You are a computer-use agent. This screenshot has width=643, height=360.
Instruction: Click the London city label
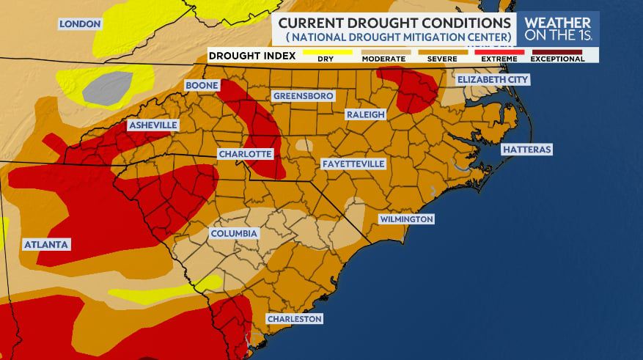click(79, 24)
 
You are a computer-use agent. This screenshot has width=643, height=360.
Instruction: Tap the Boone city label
click(201, 86)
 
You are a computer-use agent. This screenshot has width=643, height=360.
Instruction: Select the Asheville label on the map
click(153, 125)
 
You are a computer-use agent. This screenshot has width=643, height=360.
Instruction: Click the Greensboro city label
click(303, 96)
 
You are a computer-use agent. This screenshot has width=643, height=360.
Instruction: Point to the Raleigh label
click(365, 114)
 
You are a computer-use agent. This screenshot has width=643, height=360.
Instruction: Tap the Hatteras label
click(526, 150)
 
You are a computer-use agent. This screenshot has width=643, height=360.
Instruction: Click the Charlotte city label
click(246, 155)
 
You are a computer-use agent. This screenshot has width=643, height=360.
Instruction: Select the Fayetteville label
click(353, 164)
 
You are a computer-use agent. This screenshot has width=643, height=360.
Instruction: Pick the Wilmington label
click(406, 219)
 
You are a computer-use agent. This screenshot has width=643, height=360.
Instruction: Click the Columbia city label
click(234, 233)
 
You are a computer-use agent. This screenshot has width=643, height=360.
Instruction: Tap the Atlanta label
click(45, 243)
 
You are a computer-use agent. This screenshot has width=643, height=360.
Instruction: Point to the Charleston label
click(293, 319)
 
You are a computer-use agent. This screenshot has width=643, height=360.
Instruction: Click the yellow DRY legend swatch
click(327, 52)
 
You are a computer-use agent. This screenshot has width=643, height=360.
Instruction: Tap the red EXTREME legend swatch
click(499, 52)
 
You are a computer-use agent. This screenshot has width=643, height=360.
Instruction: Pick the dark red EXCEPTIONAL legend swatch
click(557, 52)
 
